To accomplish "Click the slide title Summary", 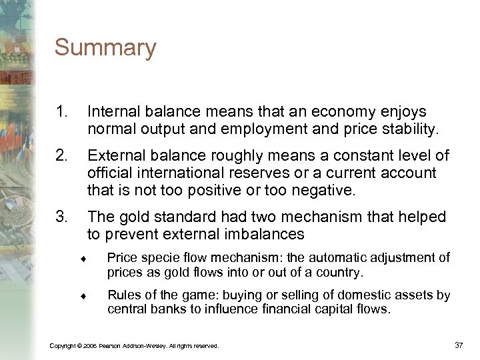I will tap(105, 48).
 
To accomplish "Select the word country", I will tap(341, 273).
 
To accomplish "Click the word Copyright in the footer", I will tap(63, 346).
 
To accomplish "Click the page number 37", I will tap(458, 345).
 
